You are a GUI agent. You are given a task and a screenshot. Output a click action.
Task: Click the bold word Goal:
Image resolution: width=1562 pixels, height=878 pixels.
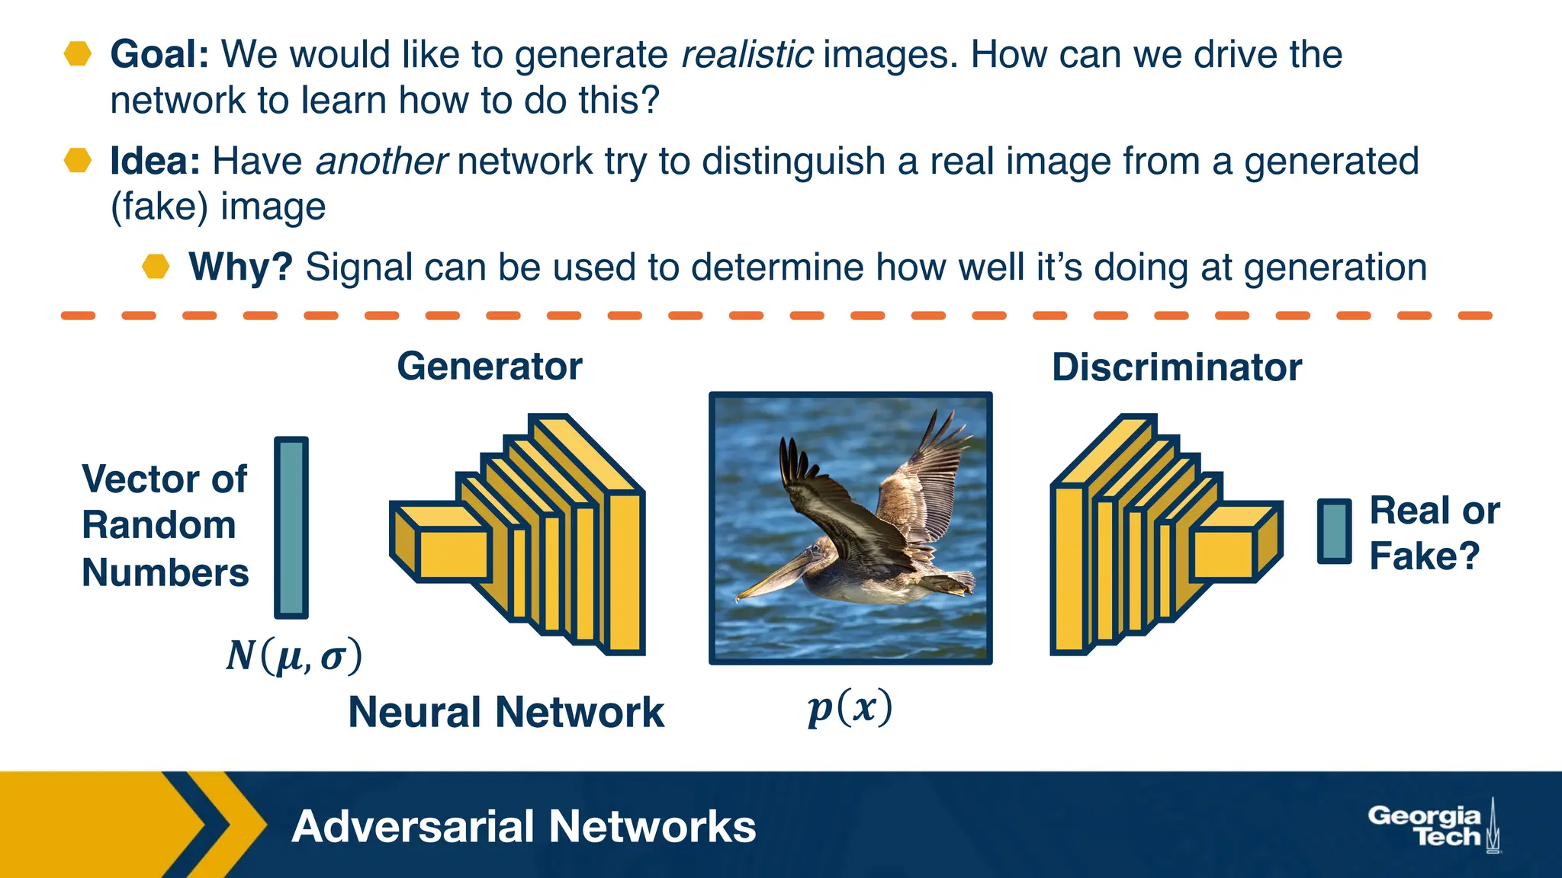(159, 55)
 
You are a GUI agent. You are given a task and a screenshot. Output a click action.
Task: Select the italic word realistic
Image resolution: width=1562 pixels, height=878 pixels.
(747, 55)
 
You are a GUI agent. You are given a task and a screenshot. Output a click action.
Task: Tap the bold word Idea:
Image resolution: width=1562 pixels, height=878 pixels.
(155, 162)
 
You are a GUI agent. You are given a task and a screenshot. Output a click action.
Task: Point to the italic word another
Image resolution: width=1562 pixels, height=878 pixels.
(381, 162)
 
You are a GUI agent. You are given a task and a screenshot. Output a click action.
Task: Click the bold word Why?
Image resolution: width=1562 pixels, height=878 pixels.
(240, 268)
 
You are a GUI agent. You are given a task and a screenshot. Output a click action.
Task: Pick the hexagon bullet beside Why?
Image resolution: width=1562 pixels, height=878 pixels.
(156, 267)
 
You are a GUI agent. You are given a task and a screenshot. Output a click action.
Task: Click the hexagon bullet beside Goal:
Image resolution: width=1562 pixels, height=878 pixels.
(78, 54)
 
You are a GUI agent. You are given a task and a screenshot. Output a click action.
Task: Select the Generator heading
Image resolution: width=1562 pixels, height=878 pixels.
(490, 367)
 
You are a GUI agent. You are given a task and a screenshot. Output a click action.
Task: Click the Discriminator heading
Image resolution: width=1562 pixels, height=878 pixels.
(1177, 367)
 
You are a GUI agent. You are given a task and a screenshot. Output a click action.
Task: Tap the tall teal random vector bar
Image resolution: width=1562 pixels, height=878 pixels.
(291, 527)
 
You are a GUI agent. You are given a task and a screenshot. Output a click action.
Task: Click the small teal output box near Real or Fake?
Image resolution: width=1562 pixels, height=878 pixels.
(1334, 531)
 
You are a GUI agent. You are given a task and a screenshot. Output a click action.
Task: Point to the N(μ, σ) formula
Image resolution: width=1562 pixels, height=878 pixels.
(294, 655)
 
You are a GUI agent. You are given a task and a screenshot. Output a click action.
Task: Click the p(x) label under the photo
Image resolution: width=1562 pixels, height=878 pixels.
(850, 709)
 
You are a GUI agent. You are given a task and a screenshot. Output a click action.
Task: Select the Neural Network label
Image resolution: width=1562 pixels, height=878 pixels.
(506, 713)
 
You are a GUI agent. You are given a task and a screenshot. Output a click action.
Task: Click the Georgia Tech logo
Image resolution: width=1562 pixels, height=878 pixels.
(1432, 826)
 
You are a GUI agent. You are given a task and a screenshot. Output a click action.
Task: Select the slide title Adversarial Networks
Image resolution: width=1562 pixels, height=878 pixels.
(523, 827)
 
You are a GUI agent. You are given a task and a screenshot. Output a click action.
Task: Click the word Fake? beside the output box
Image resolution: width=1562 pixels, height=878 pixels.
(1424, 556)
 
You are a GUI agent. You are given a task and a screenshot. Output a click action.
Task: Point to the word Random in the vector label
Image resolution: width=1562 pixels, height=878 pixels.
(159, 526)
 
